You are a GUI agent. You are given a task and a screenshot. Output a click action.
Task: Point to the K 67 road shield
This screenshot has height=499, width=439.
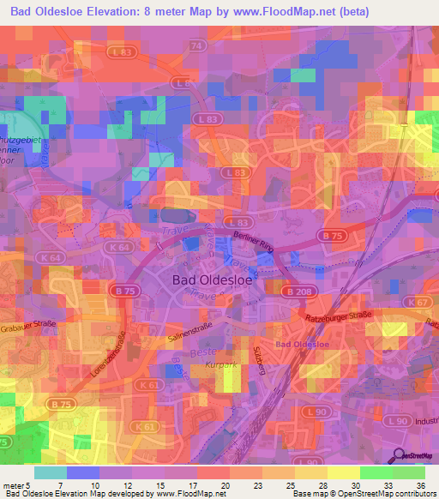(419, 303)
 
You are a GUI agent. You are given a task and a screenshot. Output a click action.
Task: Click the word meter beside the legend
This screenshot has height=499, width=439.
(14, 486)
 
